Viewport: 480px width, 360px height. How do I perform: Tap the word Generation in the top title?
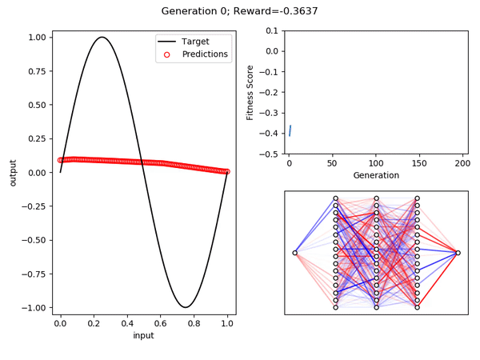pos(189,11)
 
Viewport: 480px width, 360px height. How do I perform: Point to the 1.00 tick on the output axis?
pos(37,38)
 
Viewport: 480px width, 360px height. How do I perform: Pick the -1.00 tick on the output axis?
pos(34,308)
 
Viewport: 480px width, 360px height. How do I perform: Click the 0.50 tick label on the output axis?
pos(37,105)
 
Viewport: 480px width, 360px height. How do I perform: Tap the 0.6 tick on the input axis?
pos(161,323)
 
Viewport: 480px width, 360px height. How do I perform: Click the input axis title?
pos(143,335)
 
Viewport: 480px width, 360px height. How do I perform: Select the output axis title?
pos(13,173)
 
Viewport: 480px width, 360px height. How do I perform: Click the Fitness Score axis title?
pos(250,93)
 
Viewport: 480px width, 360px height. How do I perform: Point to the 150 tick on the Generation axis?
pos(419,163)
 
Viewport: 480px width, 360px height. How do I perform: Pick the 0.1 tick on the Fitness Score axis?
pos(272,30)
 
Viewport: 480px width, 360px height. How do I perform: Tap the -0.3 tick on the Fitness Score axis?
pos(269,113)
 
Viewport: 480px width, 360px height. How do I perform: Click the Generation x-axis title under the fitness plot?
pos(376,175)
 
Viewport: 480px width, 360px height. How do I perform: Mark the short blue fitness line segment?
pos(290,130)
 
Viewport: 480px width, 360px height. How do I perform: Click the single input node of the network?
pos(294,253)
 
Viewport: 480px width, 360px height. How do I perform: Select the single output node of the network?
pos(458,253)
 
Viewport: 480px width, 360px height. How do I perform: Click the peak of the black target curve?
pos(102,38)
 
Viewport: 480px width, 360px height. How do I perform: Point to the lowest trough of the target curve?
pos(186,307)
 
